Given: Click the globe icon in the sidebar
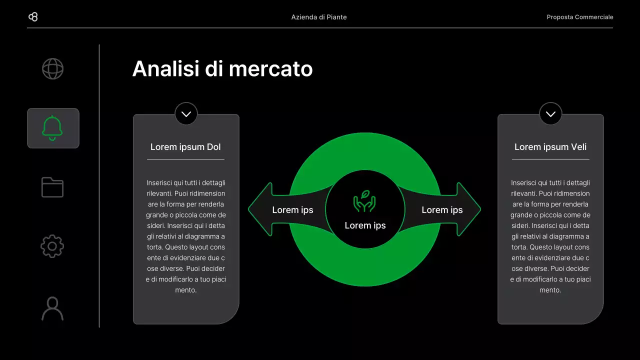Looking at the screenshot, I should click(x=52, y=69).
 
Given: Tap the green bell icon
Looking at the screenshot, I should click(x=52, y=128).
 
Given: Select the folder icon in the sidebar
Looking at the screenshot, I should click(x=52, y=187).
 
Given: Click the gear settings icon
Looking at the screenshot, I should click(x=52, y=246).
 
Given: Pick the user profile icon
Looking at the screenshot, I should click(x=52, y=308).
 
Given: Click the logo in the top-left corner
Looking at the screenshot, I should click(x=33, y=17).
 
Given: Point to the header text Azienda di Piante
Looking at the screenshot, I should click(x=319, y=17).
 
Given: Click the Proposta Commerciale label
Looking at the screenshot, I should click(x=579, y=17).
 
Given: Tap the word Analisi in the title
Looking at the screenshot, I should click(x=164, y=68).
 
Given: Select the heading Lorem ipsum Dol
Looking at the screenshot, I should click(x=185, y=147).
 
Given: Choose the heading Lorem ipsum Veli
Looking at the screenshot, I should click(x=550, y=147).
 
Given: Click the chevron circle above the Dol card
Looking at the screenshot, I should click(x=186, y=114).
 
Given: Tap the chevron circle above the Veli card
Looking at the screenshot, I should click(x=550, y=114).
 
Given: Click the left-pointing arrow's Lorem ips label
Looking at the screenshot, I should click(x=292, y=210).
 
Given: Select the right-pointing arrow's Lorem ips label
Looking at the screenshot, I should click(x=442, y=210).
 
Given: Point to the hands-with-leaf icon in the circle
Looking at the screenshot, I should click(x=364, y=201).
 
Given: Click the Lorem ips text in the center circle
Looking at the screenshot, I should click(x=365, y=225).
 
